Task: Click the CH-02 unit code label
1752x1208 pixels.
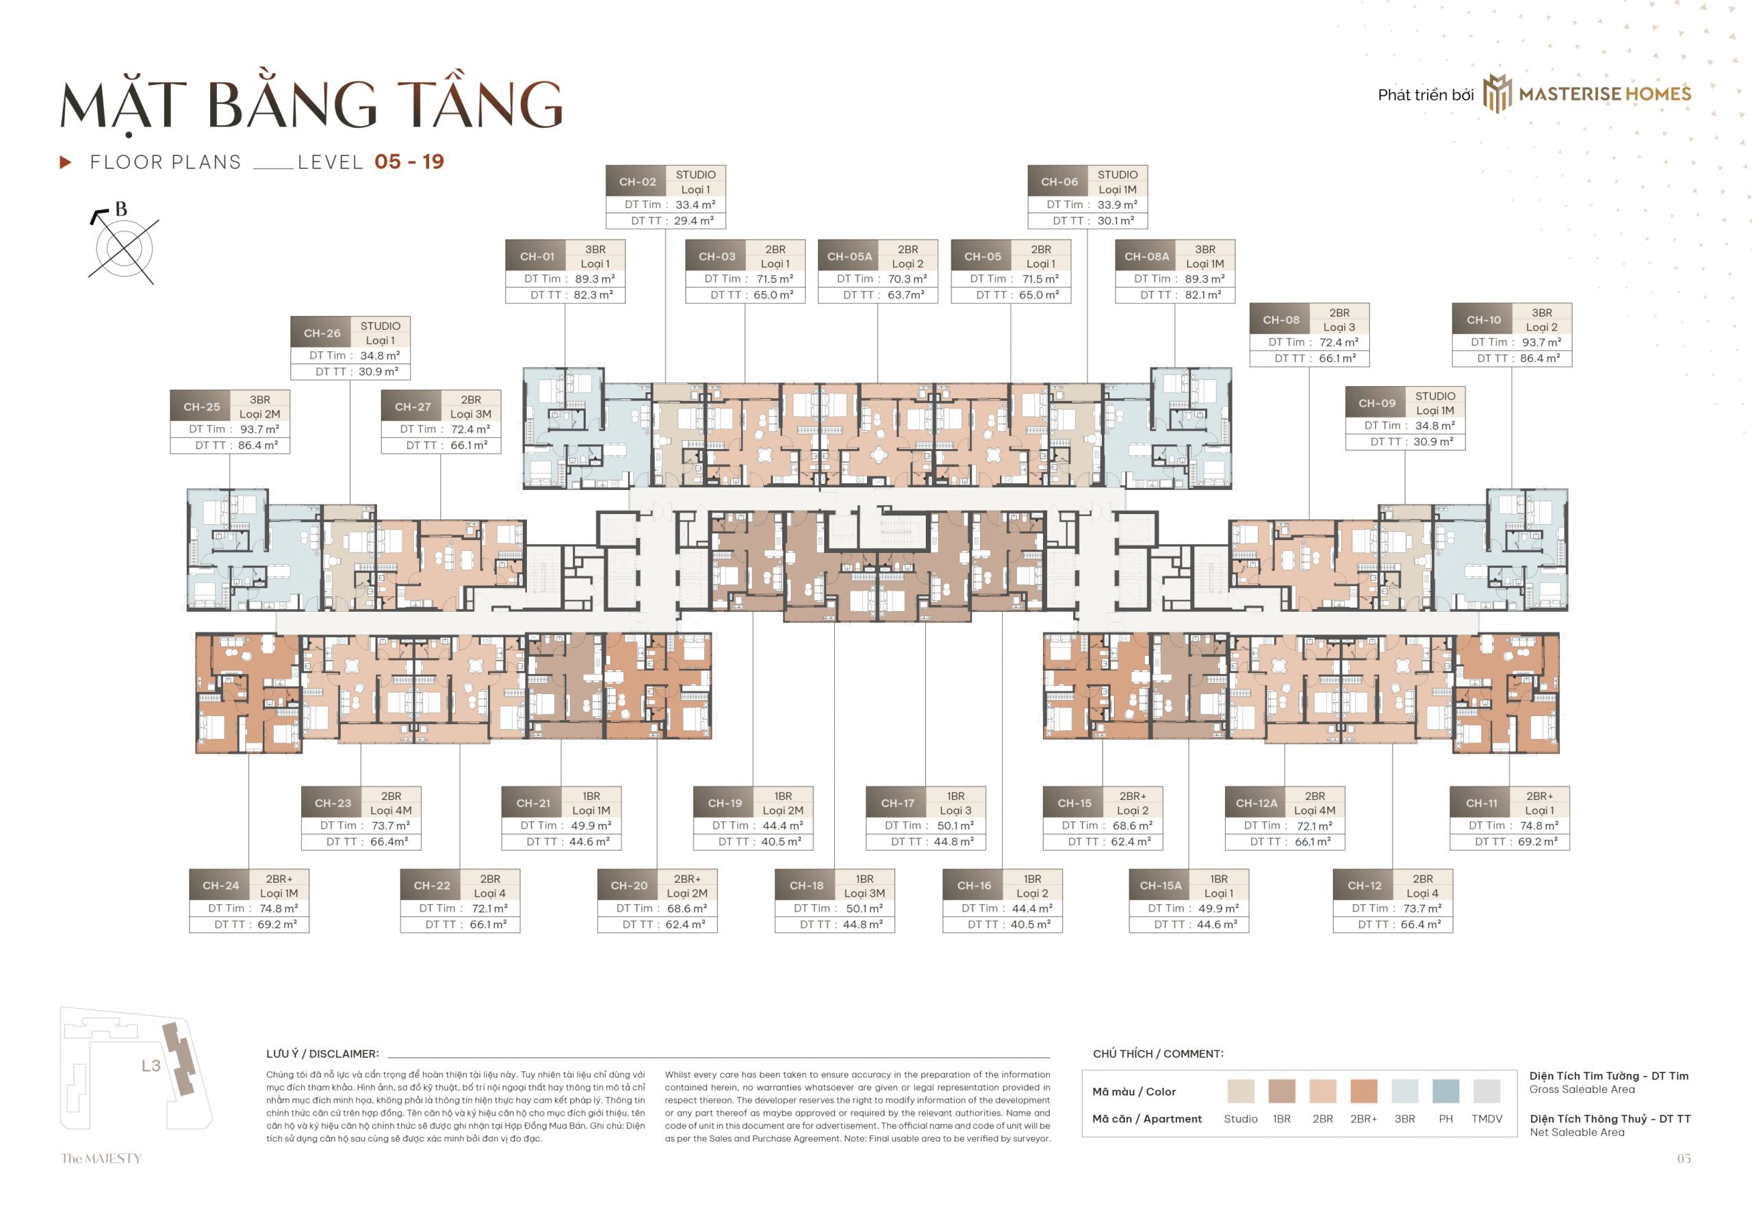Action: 636,181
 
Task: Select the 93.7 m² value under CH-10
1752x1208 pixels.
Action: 1541,342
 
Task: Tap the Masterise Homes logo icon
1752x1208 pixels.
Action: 1496,94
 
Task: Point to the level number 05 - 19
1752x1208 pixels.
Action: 409,162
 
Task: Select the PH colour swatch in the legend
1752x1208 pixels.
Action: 1445,1091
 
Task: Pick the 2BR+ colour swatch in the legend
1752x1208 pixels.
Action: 1363,1091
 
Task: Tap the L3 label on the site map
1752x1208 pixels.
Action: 151,1066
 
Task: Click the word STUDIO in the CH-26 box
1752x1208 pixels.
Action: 380,326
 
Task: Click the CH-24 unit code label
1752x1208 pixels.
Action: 220,886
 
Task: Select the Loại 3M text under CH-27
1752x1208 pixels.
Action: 470,414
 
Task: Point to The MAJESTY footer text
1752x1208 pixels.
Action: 101,1158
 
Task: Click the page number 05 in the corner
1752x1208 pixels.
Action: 1683,1158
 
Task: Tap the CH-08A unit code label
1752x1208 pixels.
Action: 1146,257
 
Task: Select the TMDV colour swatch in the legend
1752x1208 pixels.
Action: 1486,1091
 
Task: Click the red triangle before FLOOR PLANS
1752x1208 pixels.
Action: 66,162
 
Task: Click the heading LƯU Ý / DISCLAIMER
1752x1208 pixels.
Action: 322,1053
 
